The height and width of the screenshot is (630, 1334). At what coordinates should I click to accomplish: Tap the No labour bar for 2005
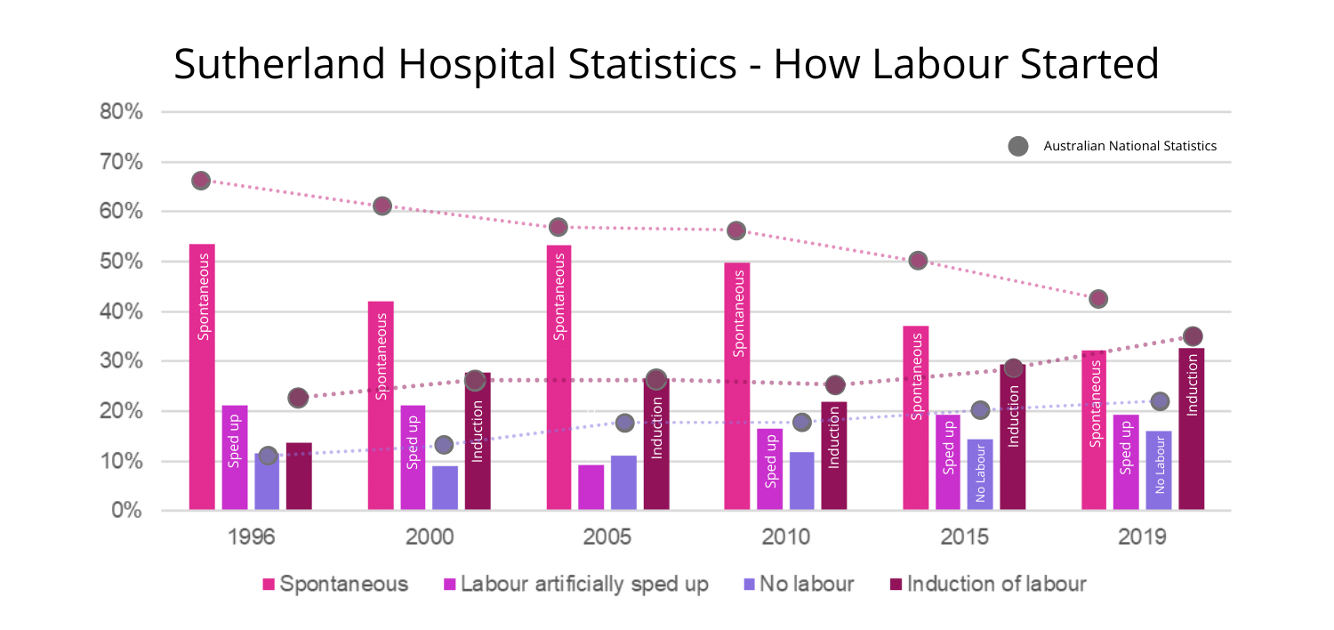[x=623, y=482]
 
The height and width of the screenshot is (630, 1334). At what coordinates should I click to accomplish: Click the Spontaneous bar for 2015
[x=916, y=417]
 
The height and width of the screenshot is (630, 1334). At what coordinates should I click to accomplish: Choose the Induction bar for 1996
[x=299, y=476]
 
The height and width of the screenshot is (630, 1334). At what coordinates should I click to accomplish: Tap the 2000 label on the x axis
[x=430, y=537]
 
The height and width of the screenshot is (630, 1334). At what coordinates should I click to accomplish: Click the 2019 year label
[x=1143, y=537]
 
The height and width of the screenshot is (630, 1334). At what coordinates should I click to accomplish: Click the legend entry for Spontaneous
[x=335, y=585]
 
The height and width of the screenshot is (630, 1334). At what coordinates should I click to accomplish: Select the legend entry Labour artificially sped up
[x=575, y=585]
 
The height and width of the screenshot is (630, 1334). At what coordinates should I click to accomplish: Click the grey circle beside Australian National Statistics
[x=1018, y=146]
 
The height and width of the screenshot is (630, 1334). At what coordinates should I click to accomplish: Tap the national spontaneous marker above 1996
[x=201, y=181]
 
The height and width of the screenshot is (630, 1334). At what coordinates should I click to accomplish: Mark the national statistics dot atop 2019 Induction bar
[x=1193, y=336]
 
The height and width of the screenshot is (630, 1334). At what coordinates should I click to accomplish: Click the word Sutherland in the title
[x=277, y=65]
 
